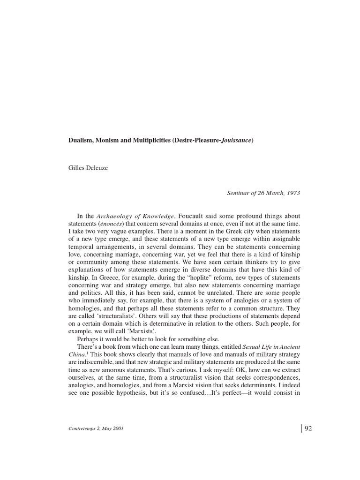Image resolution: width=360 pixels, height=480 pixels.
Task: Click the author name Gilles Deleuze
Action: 88,168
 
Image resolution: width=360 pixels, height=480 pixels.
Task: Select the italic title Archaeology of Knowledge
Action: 135,216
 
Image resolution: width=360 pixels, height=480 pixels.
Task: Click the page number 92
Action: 308,428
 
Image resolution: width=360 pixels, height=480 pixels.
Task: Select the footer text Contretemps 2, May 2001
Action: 96,428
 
